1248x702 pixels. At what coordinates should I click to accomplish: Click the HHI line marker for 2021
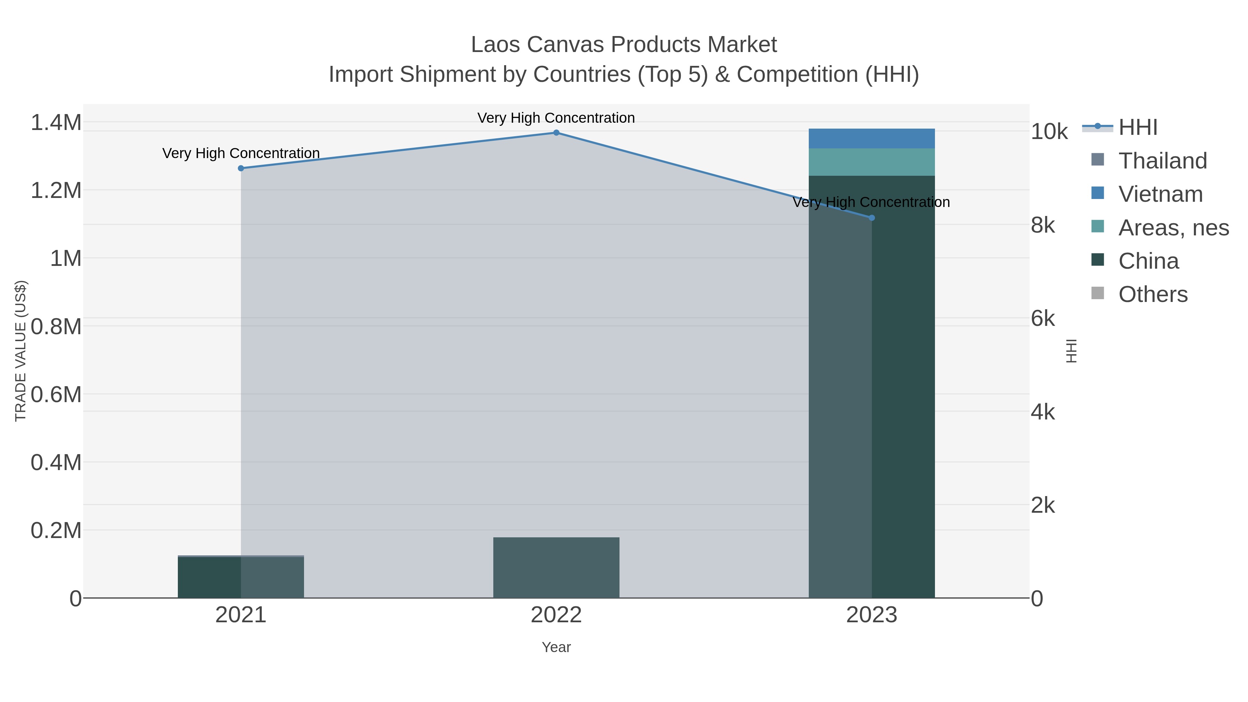tap(241, 168)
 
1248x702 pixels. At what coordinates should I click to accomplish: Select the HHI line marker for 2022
tap(556, 133)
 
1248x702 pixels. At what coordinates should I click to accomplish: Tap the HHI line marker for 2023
tap(872, 218)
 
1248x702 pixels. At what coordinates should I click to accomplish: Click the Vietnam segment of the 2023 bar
tap(872, 139)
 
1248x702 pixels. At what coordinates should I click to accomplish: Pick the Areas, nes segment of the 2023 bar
tap(872, 162)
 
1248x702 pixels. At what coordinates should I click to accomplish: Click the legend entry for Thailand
tap(1162, 161)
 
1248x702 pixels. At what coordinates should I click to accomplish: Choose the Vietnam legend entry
tap(1160, 194)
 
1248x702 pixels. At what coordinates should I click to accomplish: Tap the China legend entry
tap(1148, 261)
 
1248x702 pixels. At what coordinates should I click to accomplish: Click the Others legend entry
tap(1153, 295)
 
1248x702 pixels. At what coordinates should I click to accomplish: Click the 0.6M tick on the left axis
tap(56, 395)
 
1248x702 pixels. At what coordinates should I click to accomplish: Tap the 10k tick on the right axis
tap(1049, 132)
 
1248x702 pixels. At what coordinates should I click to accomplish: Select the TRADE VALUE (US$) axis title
tap(20, 351)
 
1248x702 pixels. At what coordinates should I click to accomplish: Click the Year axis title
tap(556, 647)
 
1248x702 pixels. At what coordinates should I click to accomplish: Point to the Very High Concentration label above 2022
tap(556, 118)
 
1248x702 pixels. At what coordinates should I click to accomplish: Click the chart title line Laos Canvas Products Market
tap(624, 45)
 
